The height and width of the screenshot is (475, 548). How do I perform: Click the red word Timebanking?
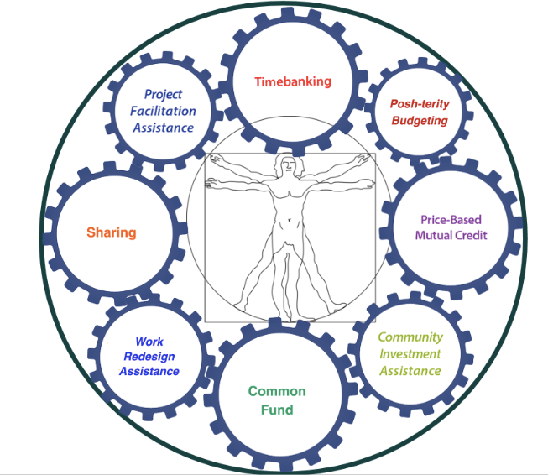(x=293, y=81)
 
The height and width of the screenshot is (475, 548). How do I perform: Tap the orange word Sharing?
(x=112, y=232)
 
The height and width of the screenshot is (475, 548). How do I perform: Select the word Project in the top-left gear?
(x=163, y=94)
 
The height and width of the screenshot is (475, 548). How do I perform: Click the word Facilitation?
(x=163, y=111)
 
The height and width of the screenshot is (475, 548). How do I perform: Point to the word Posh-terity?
(x=420, y=104)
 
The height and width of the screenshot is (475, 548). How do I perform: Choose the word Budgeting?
(x=420, y=121)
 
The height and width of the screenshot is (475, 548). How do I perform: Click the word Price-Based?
(x=451, y=220)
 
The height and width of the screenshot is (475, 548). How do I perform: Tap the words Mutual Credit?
(x=451, y=235)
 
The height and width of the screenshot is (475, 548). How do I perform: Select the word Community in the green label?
(x=410, y=337)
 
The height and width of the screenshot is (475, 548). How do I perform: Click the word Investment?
(x=410, y=354)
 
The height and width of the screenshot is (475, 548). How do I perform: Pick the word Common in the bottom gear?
(x=277, y=391)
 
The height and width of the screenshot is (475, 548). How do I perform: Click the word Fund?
(x=277, y=410)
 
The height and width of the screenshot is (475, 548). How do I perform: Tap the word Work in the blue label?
(x=149, y=342)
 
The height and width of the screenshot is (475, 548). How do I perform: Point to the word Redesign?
(x=149, y=357)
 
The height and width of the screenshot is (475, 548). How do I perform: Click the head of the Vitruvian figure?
(x=288, y=166)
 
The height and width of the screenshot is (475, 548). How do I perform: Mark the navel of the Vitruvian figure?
(x=290, y=220)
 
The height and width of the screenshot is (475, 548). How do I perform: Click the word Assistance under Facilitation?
(x=163, y=128)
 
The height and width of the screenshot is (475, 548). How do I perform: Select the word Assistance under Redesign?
(x=149, y=371)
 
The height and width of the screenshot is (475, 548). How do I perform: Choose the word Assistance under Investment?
(x=410, y=371)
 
